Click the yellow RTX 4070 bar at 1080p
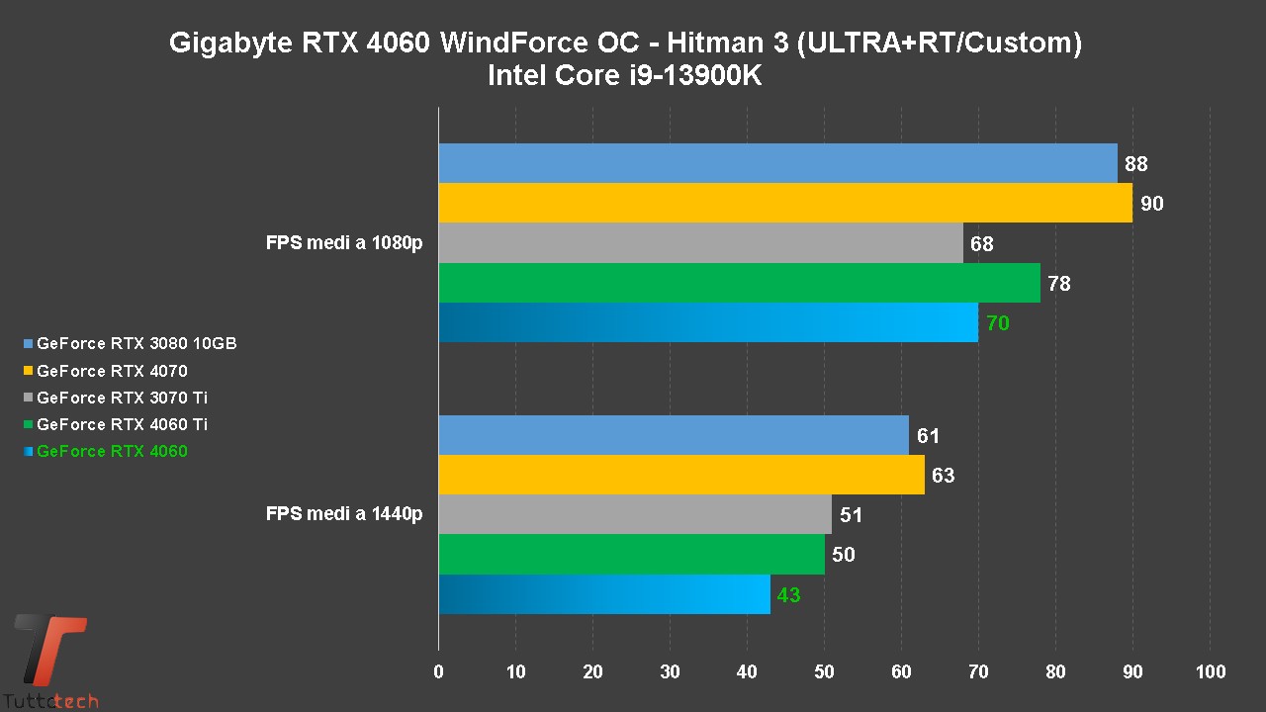pyautogui.click(x=784, y=203)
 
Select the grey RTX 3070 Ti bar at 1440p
pyautogui.click(x=634, y=514)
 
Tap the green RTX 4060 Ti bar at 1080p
pyautogui.click(x=739, y=283)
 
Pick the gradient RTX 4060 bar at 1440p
pyautogui.click(x=603, y=594)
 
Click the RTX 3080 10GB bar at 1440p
pyautogui.click(x=673, y=435)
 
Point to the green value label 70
pyautogui.click(x=997, y=323)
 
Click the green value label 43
pyautogui.click(x=788, y=595)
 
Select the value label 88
pyautogui.click(x=1135, y=165)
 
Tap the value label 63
pyautogui.click(x=943, y=476)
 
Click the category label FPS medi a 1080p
pyautogui.click(x=344, y=243)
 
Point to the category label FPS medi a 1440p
pyautogui.click(x=344, y=514)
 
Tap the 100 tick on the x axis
pyautogui.click(x=1210, y=672)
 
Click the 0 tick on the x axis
pyautogui.click(x=439, y=672)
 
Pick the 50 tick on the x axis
pyautogui.click(x=824, y=672)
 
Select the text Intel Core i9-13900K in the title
pyautogui.click(x=625, y=76)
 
